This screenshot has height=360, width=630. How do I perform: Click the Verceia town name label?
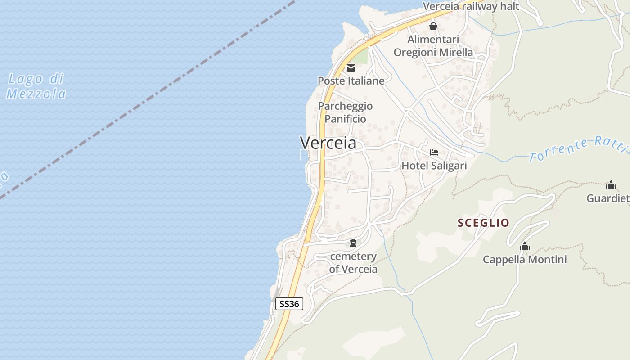(328, 143)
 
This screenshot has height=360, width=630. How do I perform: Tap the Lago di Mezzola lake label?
(36, 86)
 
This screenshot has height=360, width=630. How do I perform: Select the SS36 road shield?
(289, 304)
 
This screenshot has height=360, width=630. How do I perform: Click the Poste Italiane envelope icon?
(351, 68)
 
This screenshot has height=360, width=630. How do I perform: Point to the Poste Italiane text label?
(351, 81)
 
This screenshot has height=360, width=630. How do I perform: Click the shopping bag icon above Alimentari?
(433, 27)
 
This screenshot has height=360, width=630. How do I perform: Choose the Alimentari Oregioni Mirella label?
(433, 46)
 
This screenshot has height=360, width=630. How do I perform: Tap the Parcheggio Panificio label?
(345, 112)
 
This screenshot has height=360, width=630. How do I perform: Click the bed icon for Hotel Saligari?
(434, 153)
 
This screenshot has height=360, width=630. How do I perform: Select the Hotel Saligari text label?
(434, 166)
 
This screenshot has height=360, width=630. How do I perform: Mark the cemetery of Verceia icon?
(353, 243)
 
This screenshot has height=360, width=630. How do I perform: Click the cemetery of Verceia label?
(353, 263)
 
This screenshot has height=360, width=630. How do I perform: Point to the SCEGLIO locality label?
(483, 223)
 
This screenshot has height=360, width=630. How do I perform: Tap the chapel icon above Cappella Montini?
(525, 247)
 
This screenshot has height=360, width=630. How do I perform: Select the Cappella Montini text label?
(525, 260)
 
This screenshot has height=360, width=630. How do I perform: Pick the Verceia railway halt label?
(471, 7)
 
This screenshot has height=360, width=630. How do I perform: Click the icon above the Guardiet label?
(611, 185)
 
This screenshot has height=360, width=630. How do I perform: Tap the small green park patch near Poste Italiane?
(360, 57)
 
